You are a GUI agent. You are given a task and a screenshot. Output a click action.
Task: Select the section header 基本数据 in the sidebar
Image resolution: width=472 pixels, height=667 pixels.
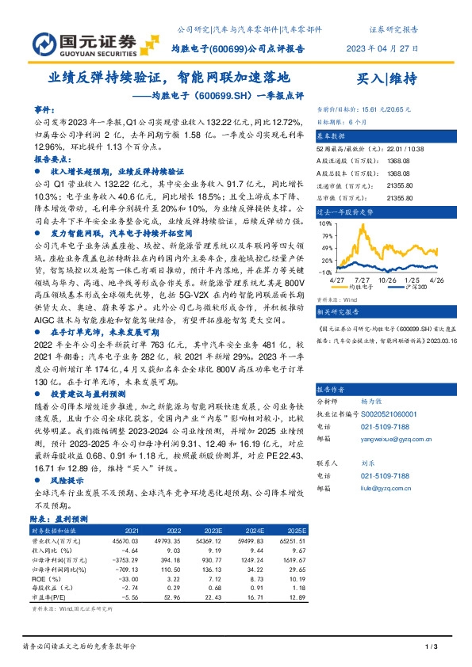point(332,136)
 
